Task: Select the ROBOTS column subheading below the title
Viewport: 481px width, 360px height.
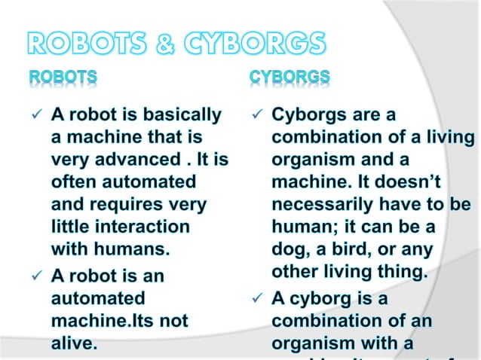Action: (63, 76)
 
